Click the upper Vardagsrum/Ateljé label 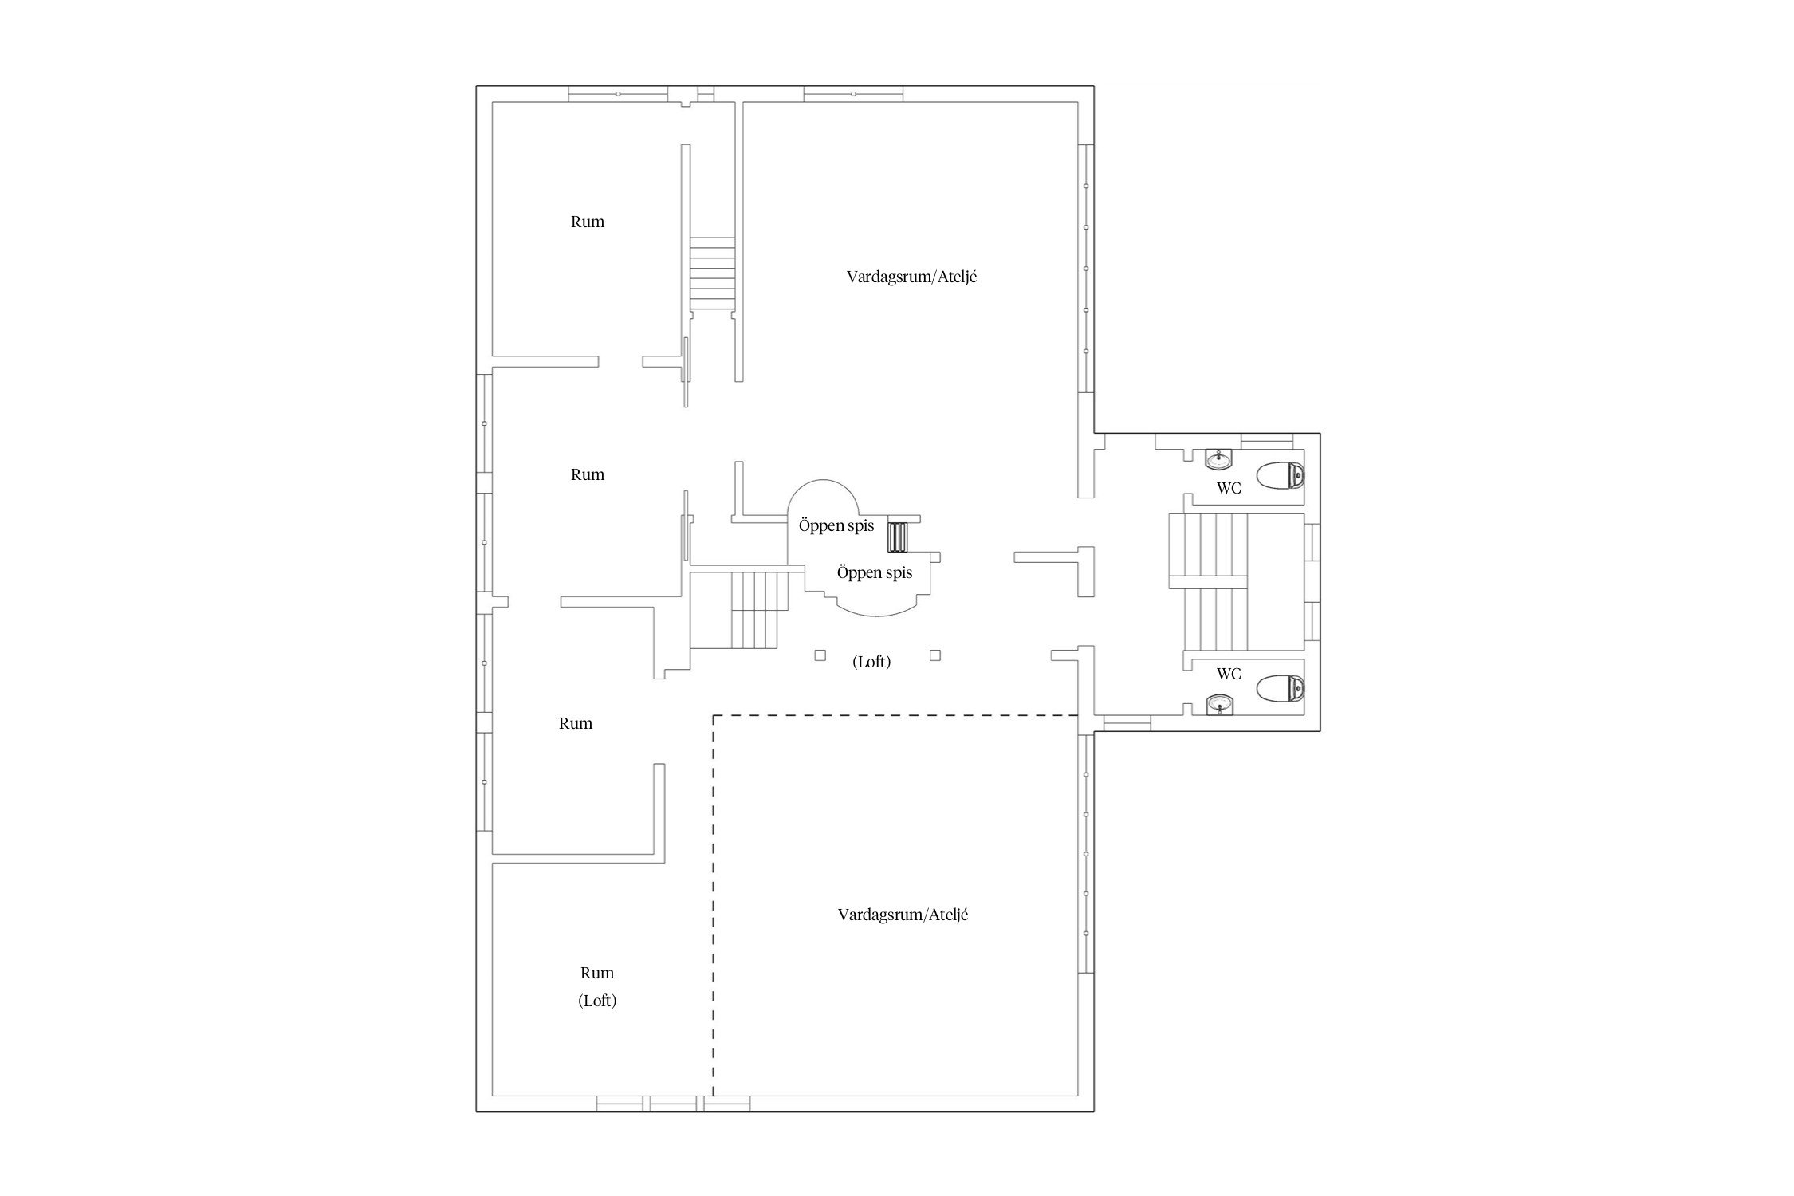(x=911, y=277)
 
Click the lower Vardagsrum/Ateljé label (x=903, y=915)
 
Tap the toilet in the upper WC (x=1281, y=476)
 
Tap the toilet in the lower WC (x=1281, y=688)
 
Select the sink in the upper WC (x=1218, y=459)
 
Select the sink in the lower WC (x=1218, y=704)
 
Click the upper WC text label (x=1229, y=489)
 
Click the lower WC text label (x=1229, y=675)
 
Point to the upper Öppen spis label (x=836, y=526)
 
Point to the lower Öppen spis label (x=875, y=572)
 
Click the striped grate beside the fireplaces (x=899, y=537)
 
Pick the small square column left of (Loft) (x=820, y=655)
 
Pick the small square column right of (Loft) (x=935, y=655)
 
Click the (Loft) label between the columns (x=871, y=662)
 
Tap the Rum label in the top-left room (x=588, y=222)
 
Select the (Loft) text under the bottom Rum (x=597, y=1001)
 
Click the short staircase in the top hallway (x=712, y=273)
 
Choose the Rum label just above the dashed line (x=576, y=724)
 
